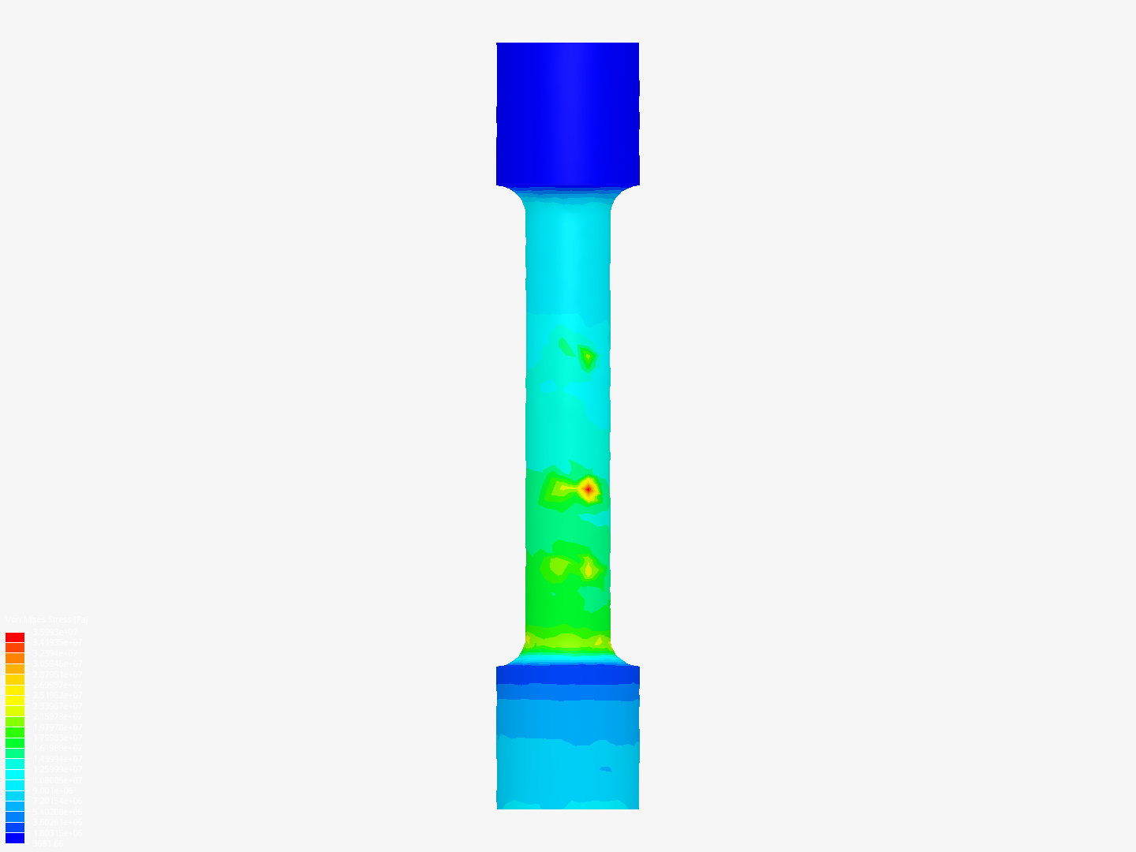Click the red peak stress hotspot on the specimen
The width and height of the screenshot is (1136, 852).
588,489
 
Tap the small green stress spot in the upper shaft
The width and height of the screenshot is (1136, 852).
587,357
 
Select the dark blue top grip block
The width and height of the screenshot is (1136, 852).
567,114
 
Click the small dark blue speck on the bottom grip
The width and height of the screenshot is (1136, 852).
605,768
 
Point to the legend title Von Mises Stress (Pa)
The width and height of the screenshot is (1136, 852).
47,620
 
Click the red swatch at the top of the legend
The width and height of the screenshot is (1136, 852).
15,637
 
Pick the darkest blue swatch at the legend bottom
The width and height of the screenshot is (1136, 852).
15,838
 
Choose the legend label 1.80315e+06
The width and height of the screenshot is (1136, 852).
57,833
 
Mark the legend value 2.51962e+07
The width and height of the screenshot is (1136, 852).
57,696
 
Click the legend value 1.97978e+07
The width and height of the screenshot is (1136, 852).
57,727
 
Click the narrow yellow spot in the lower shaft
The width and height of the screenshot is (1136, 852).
588,568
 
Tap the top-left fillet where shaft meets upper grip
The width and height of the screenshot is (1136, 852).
517,197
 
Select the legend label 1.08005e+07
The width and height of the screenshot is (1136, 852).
57,780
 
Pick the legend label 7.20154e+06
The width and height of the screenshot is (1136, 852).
57,801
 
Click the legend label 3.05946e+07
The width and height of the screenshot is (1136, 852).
57,663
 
